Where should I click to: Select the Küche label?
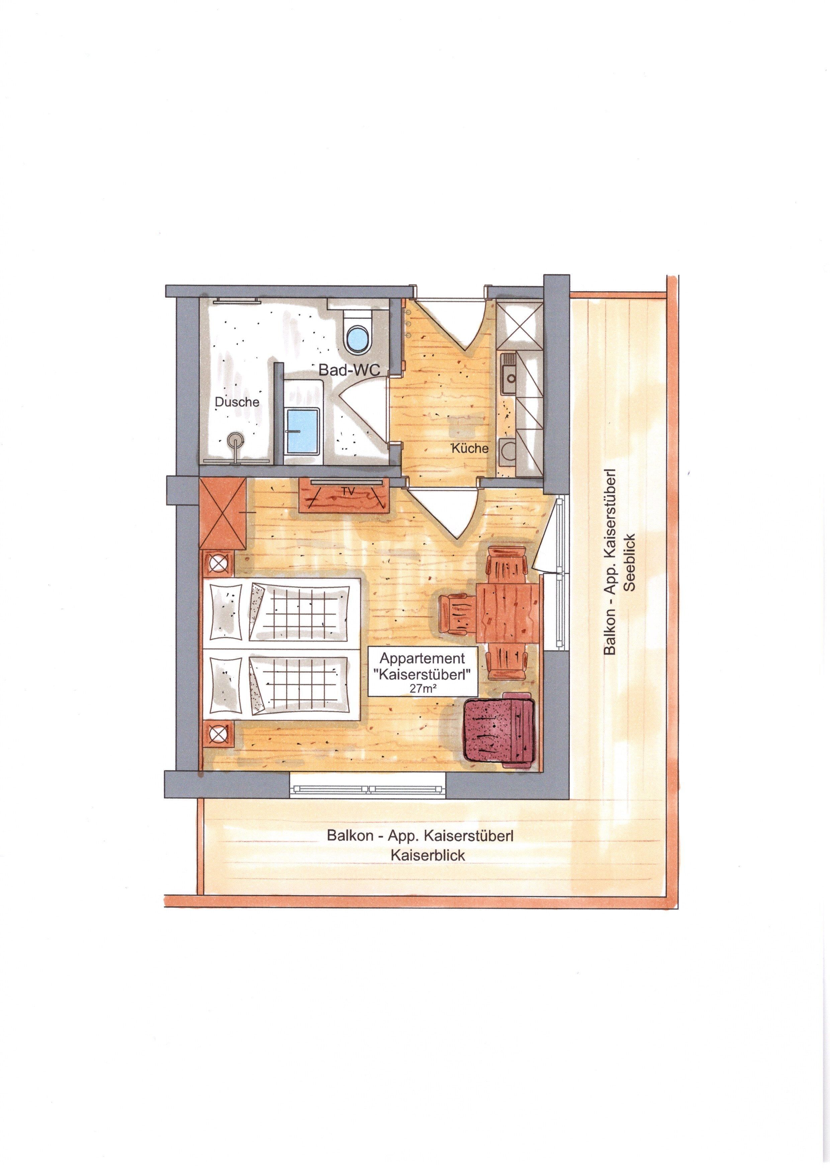point(470,449)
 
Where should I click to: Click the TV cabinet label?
point(349,490)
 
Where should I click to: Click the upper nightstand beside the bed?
point(219,564)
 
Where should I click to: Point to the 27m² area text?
point(422,688)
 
